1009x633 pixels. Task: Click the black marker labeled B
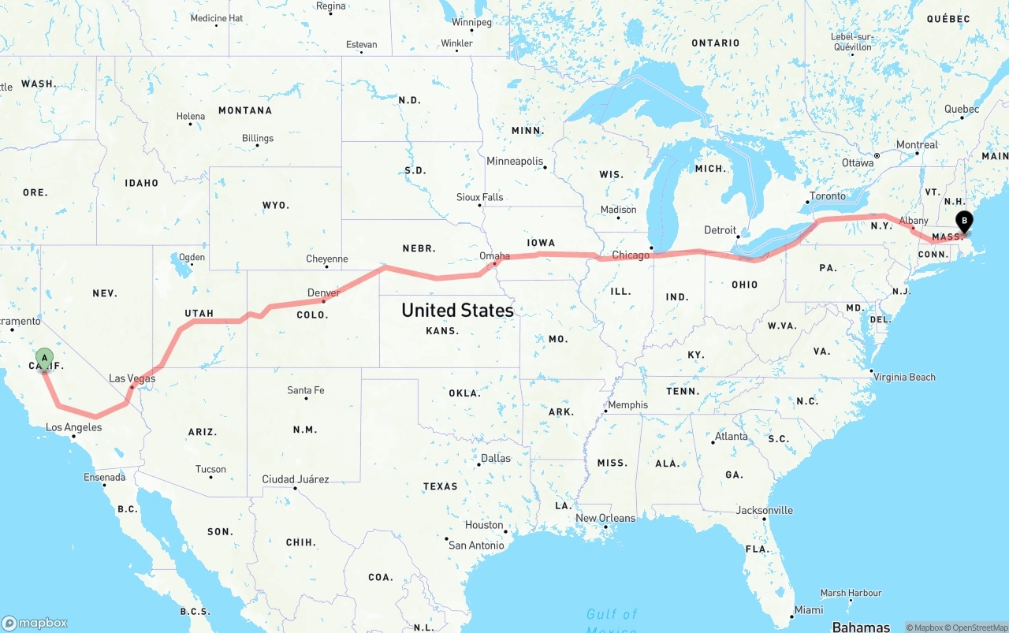[963, 222]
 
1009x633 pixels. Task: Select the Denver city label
[324, 292]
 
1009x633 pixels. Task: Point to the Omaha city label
[494, 255]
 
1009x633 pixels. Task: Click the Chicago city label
[631, 255]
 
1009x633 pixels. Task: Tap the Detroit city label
[720, 230]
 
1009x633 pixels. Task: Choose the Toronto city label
[828, 196]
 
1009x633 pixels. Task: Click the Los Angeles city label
[73, 427]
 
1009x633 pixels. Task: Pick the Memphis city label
[628, 405]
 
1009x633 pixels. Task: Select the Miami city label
[809, 610]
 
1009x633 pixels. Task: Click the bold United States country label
[457, 310]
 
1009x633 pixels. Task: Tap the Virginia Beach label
[904, 377]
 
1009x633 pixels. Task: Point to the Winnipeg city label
[471, 22]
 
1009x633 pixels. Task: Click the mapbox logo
[35, 623]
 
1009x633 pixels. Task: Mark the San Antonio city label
[476, 545]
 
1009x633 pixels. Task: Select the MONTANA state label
[244, 110]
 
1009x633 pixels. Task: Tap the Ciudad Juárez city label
[296, 479]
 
